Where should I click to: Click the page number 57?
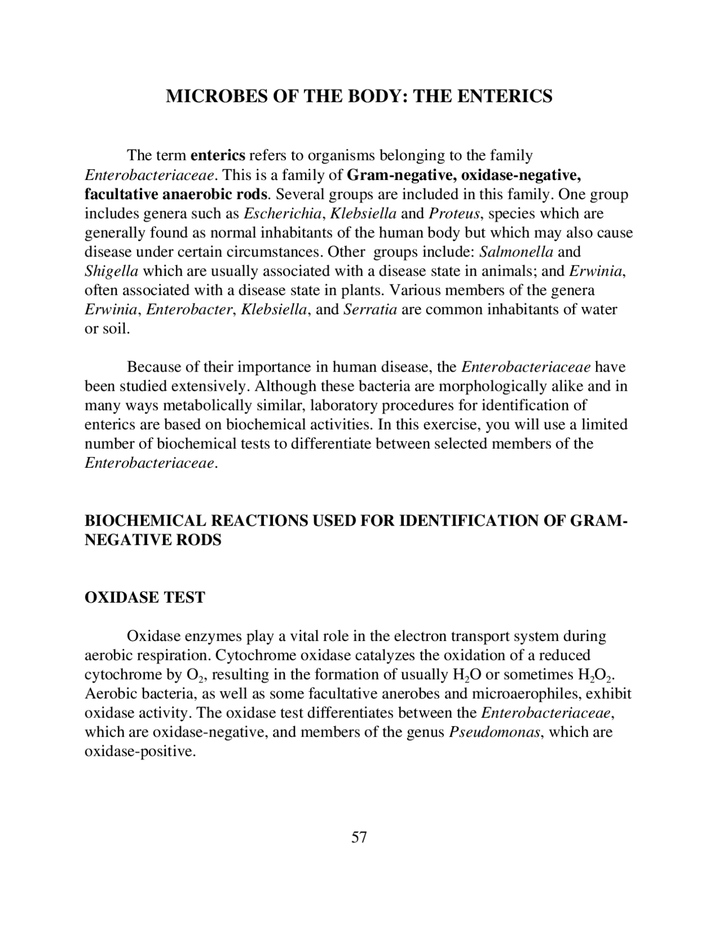pos(359,837)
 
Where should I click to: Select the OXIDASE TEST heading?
pos(144,597)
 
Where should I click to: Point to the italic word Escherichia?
pos(284,214)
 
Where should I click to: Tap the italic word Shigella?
pos(111,271)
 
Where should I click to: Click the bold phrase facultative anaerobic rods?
pos(176,195)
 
